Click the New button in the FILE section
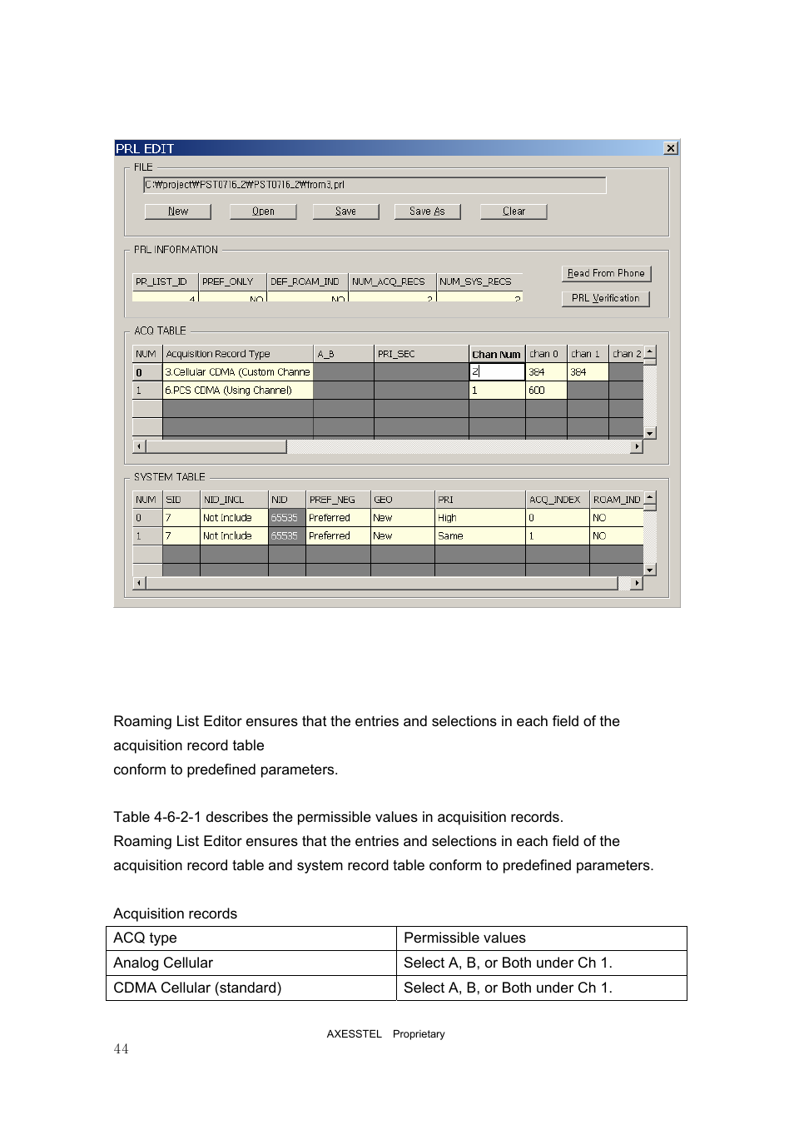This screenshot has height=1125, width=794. (177, 212)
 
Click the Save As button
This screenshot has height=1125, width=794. (427, 212)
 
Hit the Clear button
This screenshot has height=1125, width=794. (514, 212)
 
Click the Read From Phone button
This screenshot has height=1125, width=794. (605, 273)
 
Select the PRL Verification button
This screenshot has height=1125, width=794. (605, 298)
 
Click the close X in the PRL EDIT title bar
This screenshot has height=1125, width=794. (670, 148)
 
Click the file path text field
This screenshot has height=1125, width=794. (375, 185)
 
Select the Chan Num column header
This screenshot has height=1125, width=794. (496, 354)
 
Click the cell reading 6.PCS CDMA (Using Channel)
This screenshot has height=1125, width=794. (237, 391)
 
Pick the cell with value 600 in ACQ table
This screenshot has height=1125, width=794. (545, 391)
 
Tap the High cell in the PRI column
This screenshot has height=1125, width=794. (479, 518)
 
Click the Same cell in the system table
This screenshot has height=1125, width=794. (479, 536)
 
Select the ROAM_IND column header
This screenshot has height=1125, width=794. (616, 500)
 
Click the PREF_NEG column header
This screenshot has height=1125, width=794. (337, 500)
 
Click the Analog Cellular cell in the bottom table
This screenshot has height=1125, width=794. (164, 963)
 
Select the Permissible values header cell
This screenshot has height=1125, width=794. (464, 938)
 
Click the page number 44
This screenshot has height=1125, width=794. (122, 1049)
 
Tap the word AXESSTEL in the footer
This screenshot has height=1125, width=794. (354, 1034)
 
